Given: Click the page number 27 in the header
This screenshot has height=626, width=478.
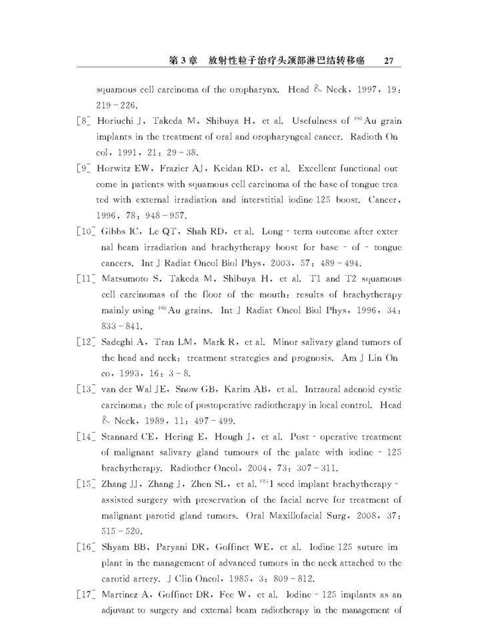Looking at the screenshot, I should tap(390, 61).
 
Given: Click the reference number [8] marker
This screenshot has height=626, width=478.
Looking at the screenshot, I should tap(85, 121).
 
